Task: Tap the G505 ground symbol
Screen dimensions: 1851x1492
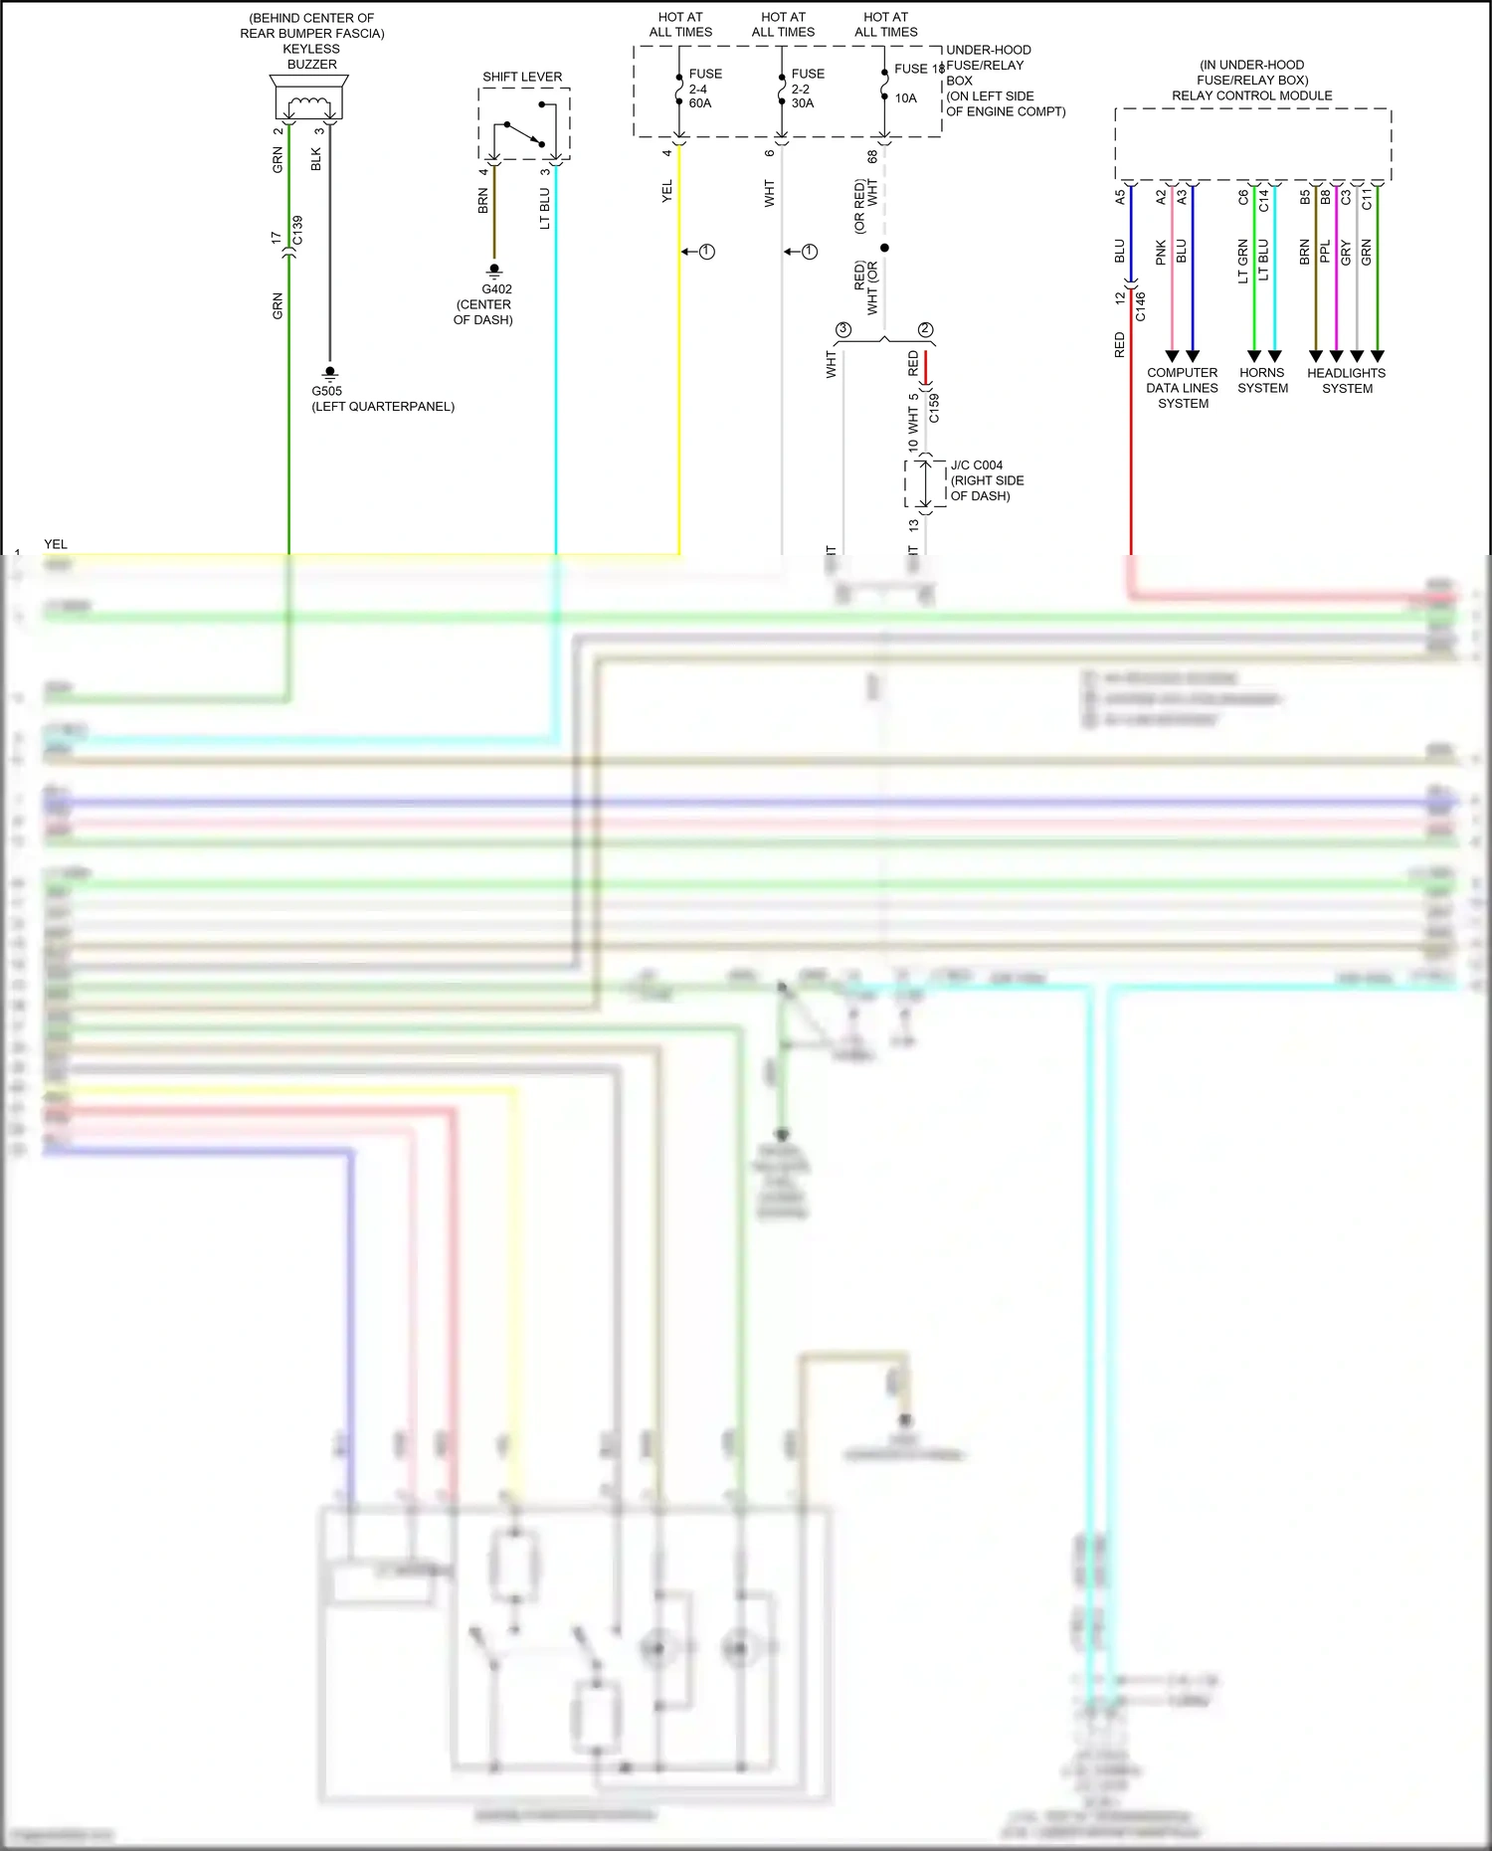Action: pos(330,372)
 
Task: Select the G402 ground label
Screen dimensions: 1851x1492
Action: pos(496,289)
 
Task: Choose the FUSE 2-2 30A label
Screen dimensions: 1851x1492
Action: pos(807,89)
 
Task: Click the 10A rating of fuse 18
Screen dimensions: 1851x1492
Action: pos(905,98)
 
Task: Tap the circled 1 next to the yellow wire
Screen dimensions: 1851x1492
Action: pos(707,252)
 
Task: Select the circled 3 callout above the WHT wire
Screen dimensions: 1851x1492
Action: pos(843,329)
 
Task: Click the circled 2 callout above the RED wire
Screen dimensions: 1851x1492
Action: pos(925,329)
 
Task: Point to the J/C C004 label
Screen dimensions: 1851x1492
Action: pos(976,465)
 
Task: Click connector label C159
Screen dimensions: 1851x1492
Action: pos(934,409)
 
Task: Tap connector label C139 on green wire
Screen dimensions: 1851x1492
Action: pos(297,231)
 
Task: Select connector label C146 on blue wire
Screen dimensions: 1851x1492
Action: pos(1141,306)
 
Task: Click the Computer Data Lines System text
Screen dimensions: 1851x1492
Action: pos(1182,388)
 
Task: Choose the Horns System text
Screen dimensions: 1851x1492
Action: pos(1262,380)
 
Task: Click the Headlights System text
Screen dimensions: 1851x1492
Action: pos(1347,380)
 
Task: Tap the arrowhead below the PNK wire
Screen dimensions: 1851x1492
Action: pos(1172,356)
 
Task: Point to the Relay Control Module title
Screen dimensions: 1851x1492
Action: pos(1251,95)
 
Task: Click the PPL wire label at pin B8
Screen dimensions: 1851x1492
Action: pos(1325,252)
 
